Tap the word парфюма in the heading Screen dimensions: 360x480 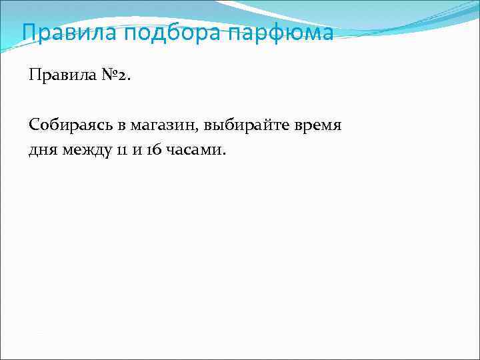(x=280, y=32)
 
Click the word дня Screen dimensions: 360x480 (x=42, y=151)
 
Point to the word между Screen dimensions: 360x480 (x=87, y=150)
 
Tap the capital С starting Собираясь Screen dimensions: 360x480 (x=34, y=125)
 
